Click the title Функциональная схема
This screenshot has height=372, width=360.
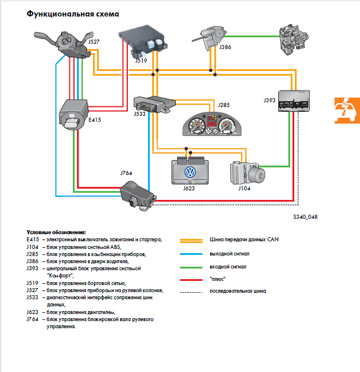(72, 14)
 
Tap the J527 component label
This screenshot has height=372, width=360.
(94, 41)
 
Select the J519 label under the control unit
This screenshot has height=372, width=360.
(141, 60)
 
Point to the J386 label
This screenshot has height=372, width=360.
(225, 46)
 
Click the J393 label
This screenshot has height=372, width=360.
(269, 101)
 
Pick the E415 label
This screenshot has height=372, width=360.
(95, 119)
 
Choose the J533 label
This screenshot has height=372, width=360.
(140, 114)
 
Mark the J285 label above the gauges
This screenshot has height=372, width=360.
(224, 105)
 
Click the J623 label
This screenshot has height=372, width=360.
(189, 189)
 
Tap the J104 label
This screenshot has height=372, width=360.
(244, 189)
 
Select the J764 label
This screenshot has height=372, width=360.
(126, 173)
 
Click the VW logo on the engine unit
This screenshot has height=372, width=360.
(190, 172)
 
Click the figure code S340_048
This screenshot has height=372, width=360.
(305, 217)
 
